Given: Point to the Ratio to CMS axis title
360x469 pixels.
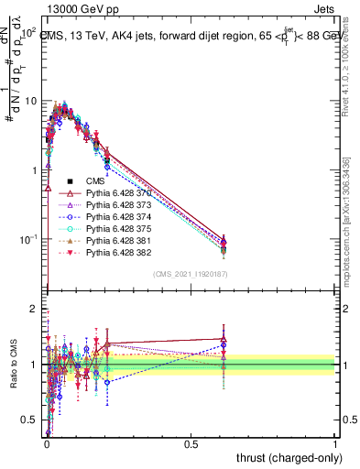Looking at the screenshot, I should [12, 365].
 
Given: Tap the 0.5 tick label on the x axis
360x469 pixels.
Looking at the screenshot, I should [191, 444].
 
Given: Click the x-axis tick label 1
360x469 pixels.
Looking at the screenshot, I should [334, 444].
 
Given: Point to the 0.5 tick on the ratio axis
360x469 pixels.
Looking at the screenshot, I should [29, 420].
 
